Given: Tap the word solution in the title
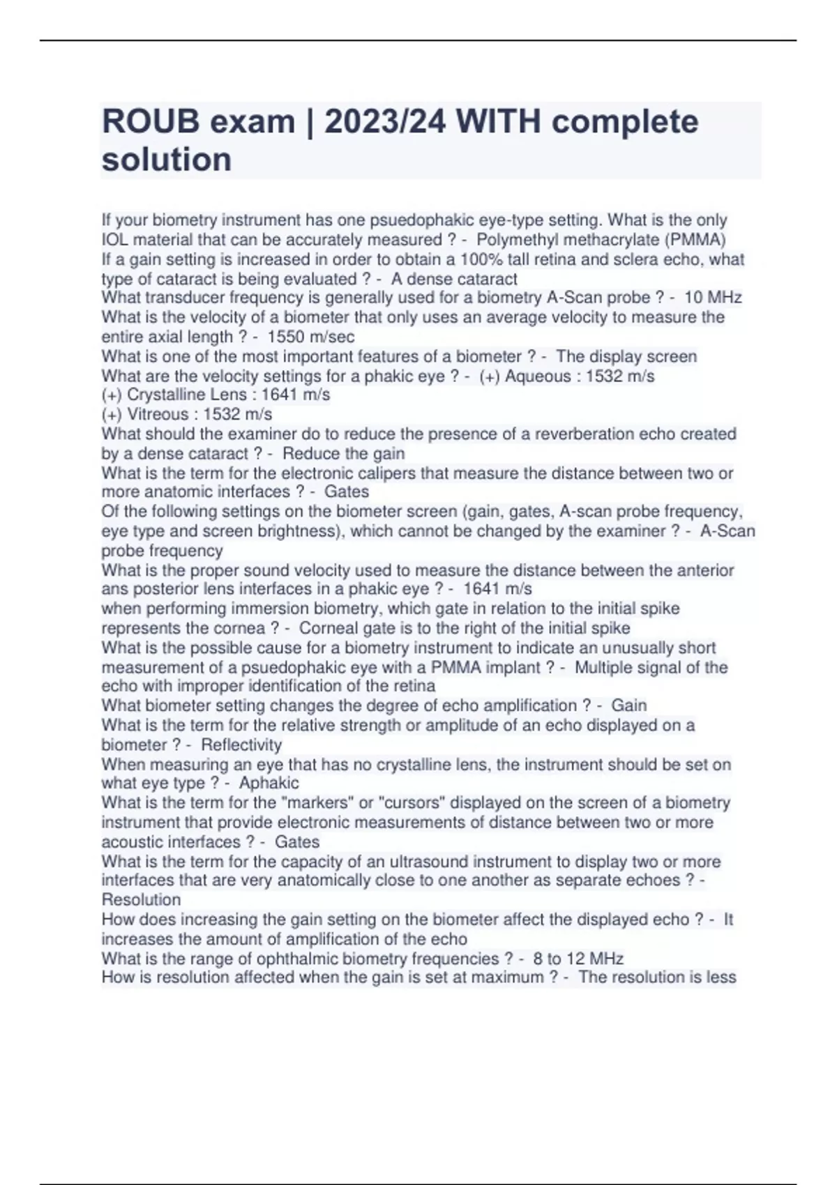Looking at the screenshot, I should tap(167, 160).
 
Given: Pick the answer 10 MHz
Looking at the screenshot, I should tap(713, 298).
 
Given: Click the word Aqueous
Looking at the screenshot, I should tap(538, 376).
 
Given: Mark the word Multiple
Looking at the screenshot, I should tap(607, 668).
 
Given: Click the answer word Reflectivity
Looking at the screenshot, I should tap(241, 745).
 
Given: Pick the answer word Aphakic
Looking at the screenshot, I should tap(269, 783).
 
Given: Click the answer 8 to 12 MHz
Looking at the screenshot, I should tap(578, 958).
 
